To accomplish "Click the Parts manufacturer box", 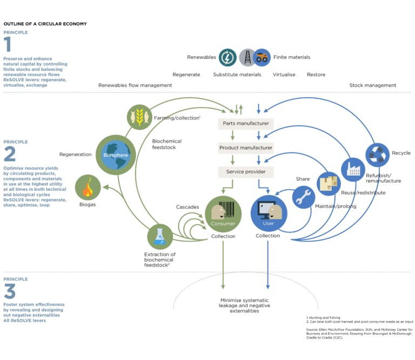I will click(246, 124).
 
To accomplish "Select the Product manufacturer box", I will click(246, 148).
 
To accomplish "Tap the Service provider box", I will click(246, 172).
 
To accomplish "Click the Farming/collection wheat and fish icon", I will click(137, 116).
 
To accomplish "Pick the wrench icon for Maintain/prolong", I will click(304, 197).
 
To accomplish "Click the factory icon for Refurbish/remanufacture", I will click(354, 170).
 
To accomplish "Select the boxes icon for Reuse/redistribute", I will click(329, 183).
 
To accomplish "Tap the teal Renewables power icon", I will click(227, 57).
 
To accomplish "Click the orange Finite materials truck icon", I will click(263, 57).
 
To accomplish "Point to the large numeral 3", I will click(10, 291).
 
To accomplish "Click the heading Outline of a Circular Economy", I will click(45, 24).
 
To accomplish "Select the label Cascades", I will click(188, 207).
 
